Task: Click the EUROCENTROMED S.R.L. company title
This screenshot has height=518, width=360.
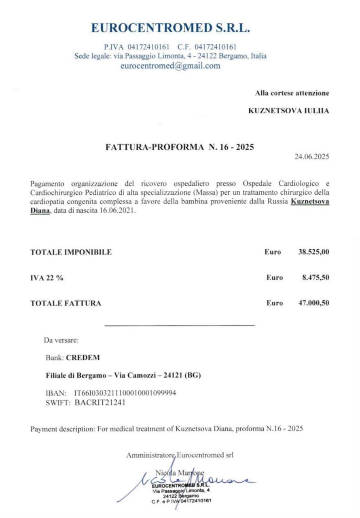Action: tap(170, 28)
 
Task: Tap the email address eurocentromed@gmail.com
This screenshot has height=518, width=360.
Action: tap(170, 66)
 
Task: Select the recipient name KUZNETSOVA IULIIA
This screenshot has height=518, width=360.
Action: tap(288, 111)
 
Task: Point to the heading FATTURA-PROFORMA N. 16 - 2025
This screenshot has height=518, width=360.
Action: tap(180, 147)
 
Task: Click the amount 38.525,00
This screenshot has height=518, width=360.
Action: tap(313, 252)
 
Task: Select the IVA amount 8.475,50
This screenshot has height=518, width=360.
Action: tap(315, 278)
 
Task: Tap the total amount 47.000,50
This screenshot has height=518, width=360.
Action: tap(313, 303)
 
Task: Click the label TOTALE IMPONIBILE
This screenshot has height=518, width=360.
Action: tap(71, 253)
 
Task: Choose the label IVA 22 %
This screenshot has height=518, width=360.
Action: tap(47, 278)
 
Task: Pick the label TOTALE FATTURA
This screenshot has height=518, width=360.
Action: tap(66, 303)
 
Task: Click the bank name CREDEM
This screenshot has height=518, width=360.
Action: tap(83, 358)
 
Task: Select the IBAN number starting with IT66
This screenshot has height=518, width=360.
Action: tap(125, 393)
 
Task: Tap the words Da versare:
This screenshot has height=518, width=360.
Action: tap(61, 340)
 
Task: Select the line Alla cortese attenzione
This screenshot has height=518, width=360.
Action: tap(292, 93)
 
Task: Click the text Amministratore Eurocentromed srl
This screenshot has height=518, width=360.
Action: tap(180, 455)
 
